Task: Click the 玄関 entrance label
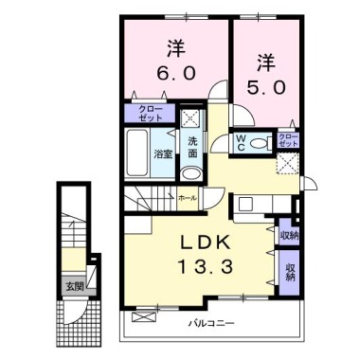click(x=73, y=284)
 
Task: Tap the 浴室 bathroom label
click(x=162, y=152)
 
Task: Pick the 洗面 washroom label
click(x=192, y=147)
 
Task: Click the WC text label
click(x=243, y=143)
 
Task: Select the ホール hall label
click(x=189, y=198)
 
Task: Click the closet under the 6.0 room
click(x=150, y=113)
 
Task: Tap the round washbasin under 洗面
click(x=192, y=172)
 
